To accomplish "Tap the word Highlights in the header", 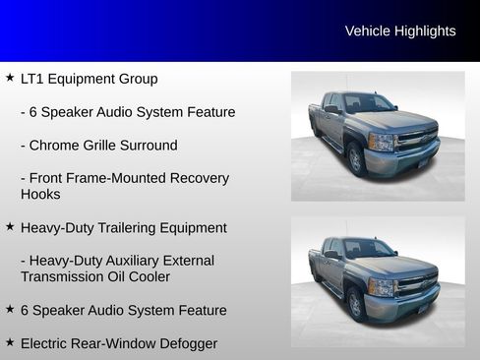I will [x=425, y=31].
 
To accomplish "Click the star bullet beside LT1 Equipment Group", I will [x=9, y=78].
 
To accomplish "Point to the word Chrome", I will [x=57, y=146].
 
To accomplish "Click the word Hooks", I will [x=40, y=195].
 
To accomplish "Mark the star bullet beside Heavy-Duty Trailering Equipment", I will [x=9, y=227].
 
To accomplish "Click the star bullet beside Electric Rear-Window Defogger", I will [x=9, y=343].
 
